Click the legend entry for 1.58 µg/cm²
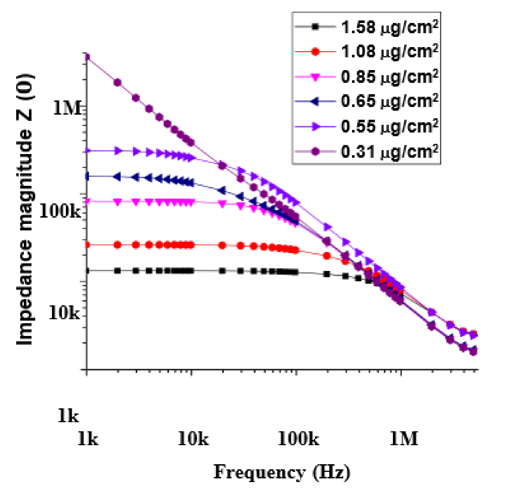(389, 28)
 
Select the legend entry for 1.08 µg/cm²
(389, 52)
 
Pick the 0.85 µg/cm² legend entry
(389, 77)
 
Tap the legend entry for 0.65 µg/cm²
(389, 101)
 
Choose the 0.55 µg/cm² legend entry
(389, 127)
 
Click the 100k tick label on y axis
(60, 211)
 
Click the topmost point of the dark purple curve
(87, 57)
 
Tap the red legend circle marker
(315, 52)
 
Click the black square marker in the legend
(315, 27)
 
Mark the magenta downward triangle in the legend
(315, 77)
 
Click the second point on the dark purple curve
(118, 83)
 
